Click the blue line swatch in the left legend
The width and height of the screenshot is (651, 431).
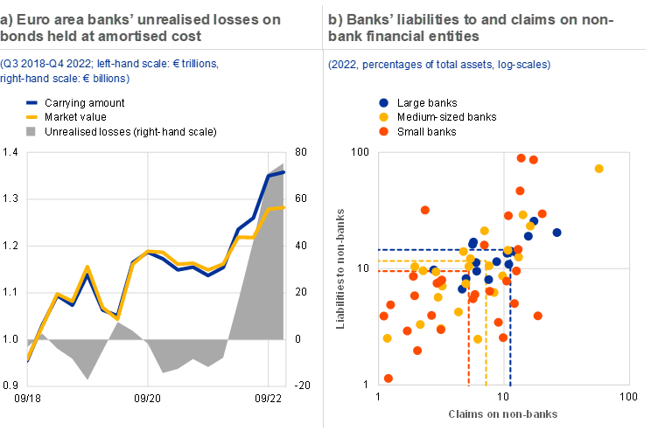(x=31, y=102)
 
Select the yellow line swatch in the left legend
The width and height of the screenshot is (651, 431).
(x=31, y=116)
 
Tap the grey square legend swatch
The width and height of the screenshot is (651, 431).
(x=31, y=131)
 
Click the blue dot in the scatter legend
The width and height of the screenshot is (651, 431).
(x=383, y=102)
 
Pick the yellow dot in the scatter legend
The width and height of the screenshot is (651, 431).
(x=383, y=116)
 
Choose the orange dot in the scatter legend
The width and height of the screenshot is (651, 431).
(x=383, y=131)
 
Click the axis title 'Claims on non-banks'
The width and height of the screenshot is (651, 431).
(x=503, y=413)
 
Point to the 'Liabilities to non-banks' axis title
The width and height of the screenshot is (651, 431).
(x=342, y=268)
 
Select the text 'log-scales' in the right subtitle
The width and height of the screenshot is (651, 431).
(x=523, y=66)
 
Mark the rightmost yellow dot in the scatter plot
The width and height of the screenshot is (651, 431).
(x=599, y=169)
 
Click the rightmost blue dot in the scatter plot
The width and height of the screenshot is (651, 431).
(x=556, y=232)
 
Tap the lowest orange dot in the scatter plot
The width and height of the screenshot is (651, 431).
(x=388, y=378)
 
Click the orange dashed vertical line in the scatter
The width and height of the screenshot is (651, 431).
(x=469, y=341)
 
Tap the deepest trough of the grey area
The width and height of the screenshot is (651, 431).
(x=87, y=379)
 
